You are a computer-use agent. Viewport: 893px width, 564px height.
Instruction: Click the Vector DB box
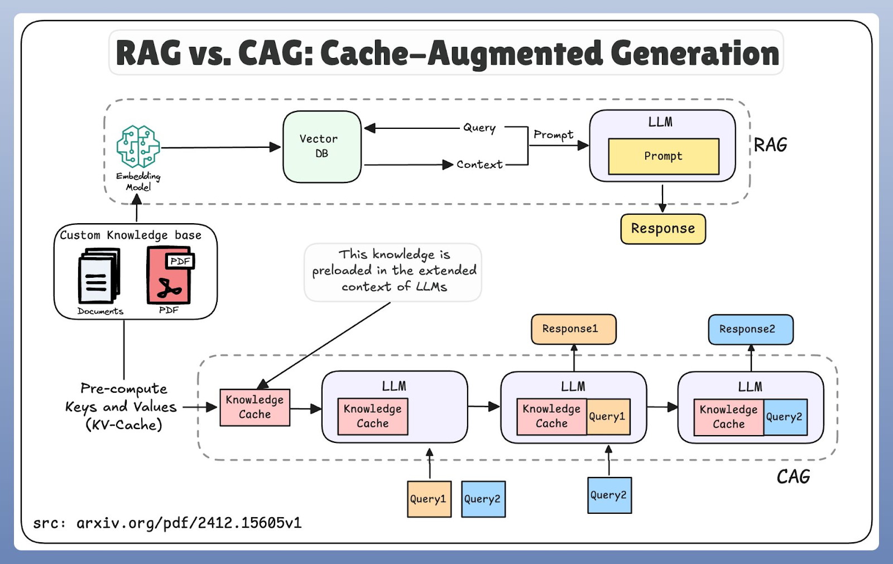tap(322, 147)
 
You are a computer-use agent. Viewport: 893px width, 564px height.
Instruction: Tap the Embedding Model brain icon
tap(138, 146)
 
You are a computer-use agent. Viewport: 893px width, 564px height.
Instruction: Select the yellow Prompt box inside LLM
tap(664, 156)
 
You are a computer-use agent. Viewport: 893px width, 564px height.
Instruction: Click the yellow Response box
tap(663, 229)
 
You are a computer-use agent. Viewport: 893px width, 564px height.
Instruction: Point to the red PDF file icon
tap(169, 275)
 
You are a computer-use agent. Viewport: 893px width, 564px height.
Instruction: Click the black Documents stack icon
tap(99, 277)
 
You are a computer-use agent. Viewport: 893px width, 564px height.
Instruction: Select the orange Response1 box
tap(573, 329)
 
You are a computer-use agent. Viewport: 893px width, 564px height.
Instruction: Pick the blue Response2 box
tap(750, 329)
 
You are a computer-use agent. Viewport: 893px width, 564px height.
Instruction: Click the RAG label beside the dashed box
tap(770, 145)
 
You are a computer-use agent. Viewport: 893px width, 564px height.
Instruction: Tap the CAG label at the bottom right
tap(793, 477)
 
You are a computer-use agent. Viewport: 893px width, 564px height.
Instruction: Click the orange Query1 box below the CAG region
tap(429, 499)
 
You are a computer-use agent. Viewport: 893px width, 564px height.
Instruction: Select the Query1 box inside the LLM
tap(608, 417)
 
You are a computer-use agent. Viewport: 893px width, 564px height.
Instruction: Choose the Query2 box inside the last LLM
tap(785, 417)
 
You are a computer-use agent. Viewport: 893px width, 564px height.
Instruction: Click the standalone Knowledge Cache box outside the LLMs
tap(255, 407)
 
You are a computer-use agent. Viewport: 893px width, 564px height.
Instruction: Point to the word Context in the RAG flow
tap(479, 165)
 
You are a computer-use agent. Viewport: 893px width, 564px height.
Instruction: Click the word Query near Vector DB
tap(479, 128)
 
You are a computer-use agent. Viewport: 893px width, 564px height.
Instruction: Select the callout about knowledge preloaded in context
tap(393, 271)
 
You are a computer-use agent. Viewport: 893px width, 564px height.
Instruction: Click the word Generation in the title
tap(694, 54)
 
